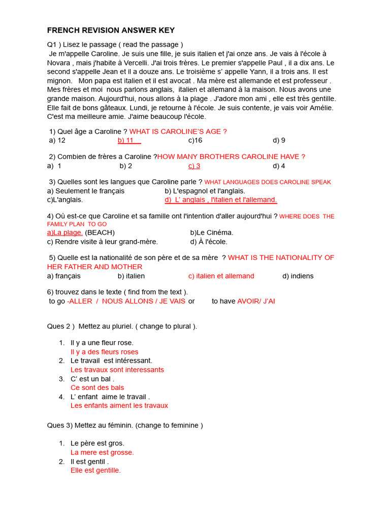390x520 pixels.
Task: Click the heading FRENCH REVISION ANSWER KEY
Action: point(111,30)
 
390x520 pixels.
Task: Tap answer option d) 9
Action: point(279,140)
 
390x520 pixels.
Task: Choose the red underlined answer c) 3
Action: point(194,166)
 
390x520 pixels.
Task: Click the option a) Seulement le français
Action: point(86,191)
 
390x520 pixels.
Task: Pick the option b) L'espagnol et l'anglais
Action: point(205,191)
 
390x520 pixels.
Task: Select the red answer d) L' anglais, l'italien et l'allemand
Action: point(221,200)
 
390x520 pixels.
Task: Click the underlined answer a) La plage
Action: point(65,233)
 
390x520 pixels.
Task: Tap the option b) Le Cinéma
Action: point(212,233)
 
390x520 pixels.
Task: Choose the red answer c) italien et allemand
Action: point(221,276)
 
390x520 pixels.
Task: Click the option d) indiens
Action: point(298,276)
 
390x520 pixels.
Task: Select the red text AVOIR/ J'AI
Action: point(256,301)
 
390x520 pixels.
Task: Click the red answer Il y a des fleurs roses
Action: point(105,352)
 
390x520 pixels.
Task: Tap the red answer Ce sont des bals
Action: point(97,388)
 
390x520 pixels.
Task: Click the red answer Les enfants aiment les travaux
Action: point(119,406)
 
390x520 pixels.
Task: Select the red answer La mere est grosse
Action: point(102,452)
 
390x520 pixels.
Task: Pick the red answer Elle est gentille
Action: point(96,471)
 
